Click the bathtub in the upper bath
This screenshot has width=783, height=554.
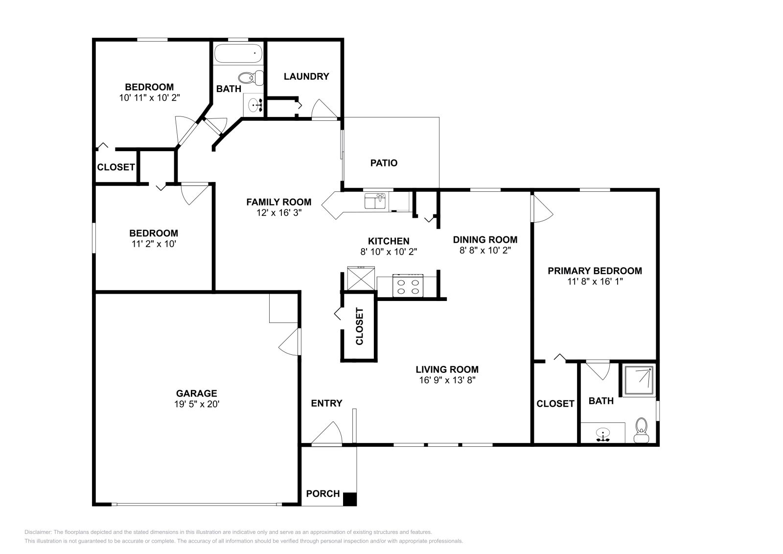238,53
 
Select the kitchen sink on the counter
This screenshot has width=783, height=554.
375,201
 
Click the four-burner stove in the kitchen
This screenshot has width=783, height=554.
408,286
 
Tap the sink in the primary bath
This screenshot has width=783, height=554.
603,434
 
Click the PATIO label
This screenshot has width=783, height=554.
384,163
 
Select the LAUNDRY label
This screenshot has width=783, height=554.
306,76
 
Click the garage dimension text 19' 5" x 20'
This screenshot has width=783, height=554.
196,404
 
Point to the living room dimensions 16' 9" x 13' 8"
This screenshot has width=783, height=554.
447,380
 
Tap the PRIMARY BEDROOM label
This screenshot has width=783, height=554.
595,271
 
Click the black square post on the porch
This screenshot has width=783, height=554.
349,499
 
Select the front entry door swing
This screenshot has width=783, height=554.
327,434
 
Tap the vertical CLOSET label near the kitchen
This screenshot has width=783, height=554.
360,326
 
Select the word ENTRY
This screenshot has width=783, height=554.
326,403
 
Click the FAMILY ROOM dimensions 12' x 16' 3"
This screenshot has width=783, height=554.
278,213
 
